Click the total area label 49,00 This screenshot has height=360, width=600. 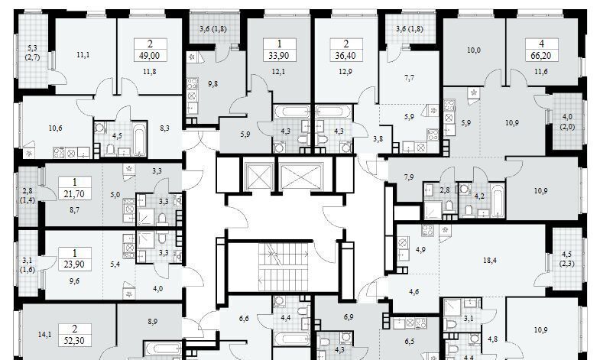point(149,56)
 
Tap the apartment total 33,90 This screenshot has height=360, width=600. point(279,56)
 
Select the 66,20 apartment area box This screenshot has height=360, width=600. point(541,50)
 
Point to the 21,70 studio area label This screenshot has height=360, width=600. point(74,194)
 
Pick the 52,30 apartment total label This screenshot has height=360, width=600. point(74,341)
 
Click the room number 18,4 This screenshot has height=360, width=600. point(490,261)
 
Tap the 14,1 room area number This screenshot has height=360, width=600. point(45,335)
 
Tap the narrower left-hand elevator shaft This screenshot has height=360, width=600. point(258,177)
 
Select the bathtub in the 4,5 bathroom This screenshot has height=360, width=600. point(139,138)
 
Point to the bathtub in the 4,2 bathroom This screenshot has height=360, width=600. point(498,200)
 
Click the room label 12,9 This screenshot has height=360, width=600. point(345,72)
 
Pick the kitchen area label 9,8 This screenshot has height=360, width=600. point(212,84)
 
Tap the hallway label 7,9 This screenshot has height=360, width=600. point(409,177)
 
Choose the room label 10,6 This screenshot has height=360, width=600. point(56,128)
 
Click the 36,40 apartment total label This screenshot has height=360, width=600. point(345,56)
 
